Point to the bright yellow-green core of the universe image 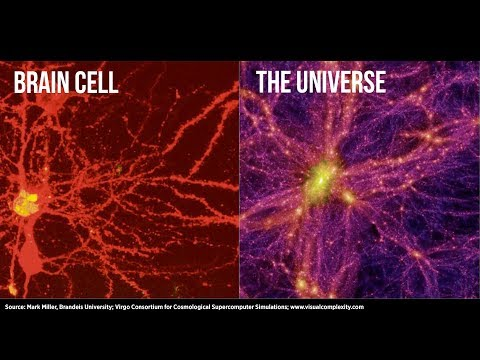point(319,179)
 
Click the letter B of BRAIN point(19,82)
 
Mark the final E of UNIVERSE point(381,82)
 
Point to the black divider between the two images point(239,180)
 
